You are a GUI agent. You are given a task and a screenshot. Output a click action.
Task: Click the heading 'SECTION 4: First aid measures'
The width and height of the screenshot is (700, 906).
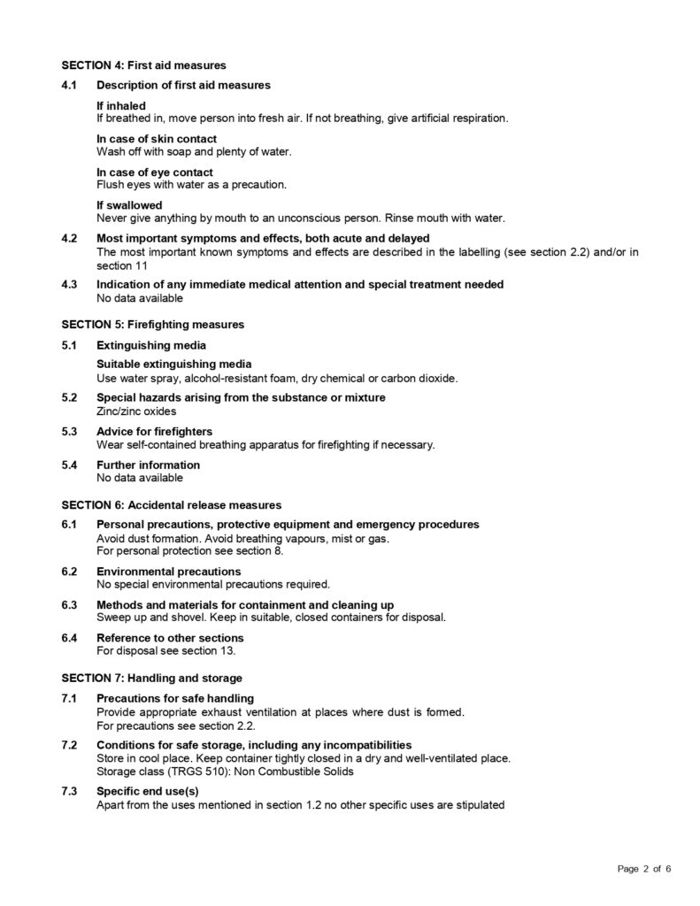(143, 65)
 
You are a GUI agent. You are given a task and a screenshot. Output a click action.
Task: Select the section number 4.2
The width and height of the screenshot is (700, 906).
(70, 238)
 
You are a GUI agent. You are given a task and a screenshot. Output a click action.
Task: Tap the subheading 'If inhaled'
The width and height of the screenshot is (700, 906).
(121, 105)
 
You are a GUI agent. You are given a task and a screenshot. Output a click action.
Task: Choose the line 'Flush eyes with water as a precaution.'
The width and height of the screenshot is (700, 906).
(191, 184)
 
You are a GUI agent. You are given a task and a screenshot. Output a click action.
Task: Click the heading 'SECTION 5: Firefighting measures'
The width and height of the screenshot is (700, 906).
(152, 325)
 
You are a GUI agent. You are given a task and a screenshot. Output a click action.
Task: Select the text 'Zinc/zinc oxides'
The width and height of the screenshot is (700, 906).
(136, 411)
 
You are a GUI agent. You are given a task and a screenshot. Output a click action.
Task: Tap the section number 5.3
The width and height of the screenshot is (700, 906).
(70, 432)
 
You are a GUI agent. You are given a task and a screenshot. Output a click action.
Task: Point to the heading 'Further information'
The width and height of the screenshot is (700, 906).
(148, 465)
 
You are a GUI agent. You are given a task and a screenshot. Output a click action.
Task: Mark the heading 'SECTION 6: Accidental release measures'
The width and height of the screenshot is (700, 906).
(171, 505)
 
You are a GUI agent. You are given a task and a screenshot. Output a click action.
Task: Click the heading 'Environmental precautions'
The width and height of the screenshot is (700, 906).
(168, 572)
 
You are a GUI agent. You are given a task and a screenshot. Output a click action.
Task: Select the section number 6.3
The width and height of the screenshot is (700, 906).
(70, 604)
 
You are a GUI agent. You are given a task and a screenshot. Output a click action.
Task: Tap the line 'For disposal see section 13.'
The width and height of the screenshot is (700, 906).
(166, 650)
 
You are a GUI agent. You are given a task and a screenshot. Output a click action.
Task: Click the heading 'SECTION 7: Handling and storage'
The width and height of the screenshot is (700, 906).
(151, 679)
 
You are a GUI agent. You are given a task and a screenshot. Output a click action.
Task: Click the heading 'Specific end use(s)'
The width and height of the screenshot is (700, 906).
(147, 792)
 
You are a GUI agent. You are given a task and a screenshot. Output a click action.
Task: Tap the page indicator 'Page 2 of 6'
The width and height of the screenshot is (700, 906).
(644, 869)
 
